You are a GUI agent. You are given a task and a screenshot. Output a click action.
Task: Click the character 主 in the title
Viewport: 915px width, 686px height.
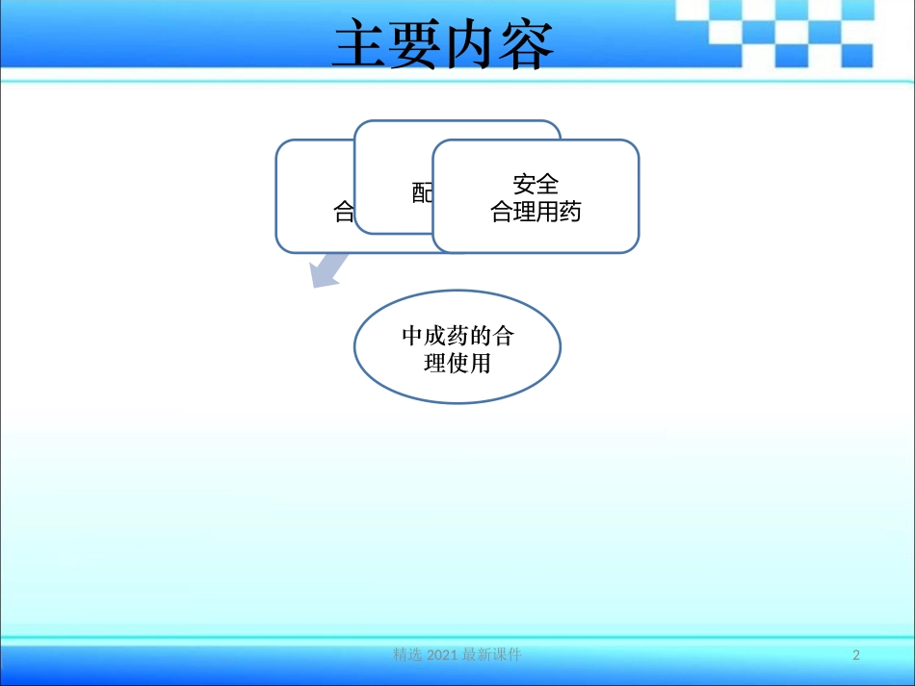coord(359,45)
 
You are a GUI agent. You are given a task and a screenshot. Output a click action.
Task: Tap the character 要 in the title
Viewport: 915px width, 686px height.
coord(415,45)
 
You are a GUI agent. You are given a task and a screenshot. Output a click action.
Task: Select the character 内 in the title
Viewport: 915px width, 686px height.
coord(471,45)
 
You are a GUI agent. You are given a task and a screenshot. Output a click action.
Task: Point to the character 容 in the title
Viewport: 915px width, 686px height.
coord(527,45)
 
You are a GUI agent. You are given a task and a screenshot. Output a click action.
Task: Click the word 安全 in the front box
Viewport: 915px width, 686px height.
coord(536,184)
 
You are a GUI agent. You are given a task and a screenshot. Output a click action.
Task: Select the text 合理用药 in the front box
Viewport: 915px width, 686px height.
coord(536,212)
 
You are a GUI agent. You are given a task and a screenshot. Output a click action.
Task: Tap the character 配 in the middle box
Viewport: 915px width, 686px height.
coord(423,193)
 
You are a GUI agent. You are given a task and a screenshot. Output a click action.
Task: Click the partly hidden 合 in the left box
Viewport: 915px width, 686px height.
coord(344,212)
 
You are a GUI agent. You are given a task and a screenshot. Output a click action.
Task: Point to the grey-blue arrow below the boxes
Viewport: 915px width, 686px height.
coord(327,269)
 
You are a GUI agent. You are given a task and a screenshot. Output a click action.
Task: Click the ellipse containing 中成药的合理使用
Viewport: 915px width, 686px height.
coord(457,348)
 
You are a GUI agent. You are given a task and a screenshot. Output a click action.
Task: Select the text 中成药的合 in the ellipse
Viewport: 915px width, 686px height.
coord(457,336)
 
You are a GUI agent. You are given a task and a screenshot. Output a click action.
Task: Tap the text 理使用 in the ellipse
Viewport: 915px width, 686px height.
coord(457,364)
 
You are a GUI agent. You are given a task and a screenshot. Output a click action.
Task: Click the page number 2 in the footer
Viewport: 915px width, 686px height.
coord(856,655)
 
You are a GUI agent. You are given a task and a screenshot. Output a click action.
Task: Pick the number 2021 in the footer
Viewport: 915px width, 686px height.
coord(442,655)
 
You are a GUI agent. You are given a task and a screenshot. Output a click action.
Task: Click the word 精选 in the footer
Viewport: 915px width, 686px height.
coord(407,655)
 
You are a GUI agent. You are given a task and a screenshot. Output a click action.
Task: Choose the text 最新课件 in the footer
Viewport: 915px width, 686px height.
coord(492,655)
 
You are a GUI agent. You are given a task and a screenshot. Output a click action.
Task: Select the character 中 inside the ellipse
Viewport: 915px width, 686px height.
coord(412,336)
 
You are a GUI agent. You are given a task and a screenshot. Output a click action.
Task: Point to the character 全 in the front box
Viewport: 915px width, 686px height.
coord(548,184)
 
